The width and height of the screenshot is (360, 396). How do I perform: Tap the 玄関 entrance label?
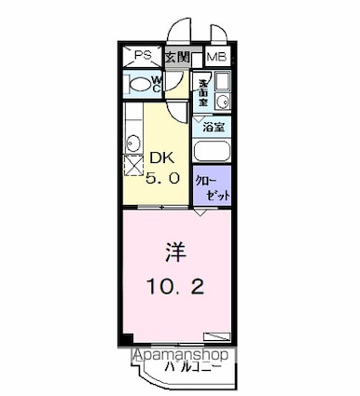(x=177, y=57)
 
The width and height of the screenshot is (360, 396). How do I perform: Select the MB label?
(x=216, y=57)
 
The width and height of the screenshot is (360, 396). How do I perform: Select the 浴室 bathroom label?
(x=215, y=129)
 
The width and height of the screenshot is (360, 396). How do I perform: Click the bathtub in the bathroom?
(x=213, y=151)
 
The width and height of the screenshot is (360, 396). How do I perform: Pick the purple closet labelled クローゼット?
(x=212, y=182)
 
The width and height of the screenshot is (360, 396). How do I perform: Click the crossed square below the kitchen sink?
(x=133, y=166)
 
